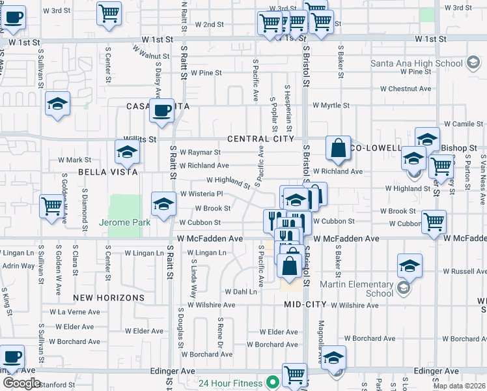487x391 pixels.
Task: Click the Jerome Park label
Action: pos(125,222)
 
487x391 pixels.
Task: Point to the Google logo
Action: pos(21,383)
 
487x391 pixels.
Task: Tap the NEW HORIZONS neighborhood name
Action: pos(109,298)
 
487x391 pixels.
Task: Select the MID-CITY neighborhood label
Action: pos(305,304)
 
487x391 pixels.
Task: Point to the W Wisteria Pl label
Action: pos(202,194)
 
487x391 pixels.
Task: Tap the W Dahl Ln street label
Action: pos(241,292)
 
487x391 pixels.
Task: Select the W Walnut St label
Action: pos(147,52)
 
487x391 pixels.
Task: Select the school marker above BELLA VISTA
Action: pos(126,152)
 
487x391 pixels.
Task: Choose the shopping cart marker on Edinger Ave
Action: pos(295,375)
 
